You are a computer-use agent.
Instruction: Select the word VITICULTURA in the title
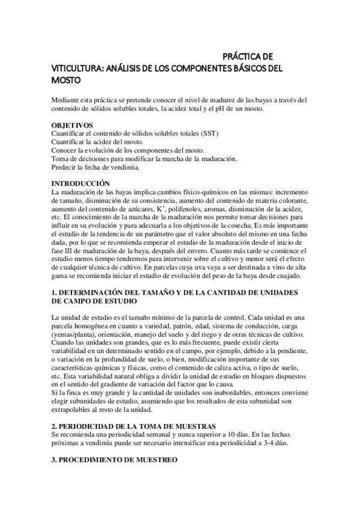tap(74, 68)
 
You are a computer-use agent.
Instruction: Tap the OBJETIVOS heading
tap(72, 124)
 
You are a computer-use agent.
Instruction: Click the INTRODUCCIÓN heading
tap(81, 182)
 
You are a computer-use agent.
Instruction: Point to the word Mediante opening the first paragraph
tap(67, 99)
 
